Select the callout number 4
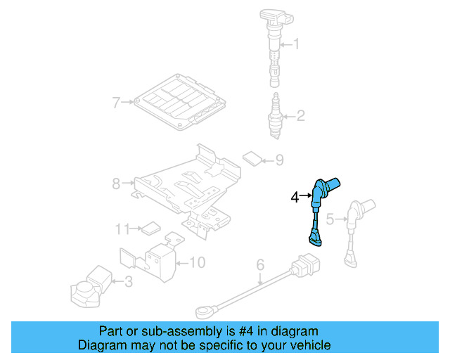click(296, 198)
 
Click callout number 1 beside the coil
click(296, 46)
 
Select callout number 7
click(117, 103)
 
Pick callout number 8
click(117, 185)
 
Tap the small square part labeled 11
click(150, 229)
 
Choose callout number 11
click(123, 229)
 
